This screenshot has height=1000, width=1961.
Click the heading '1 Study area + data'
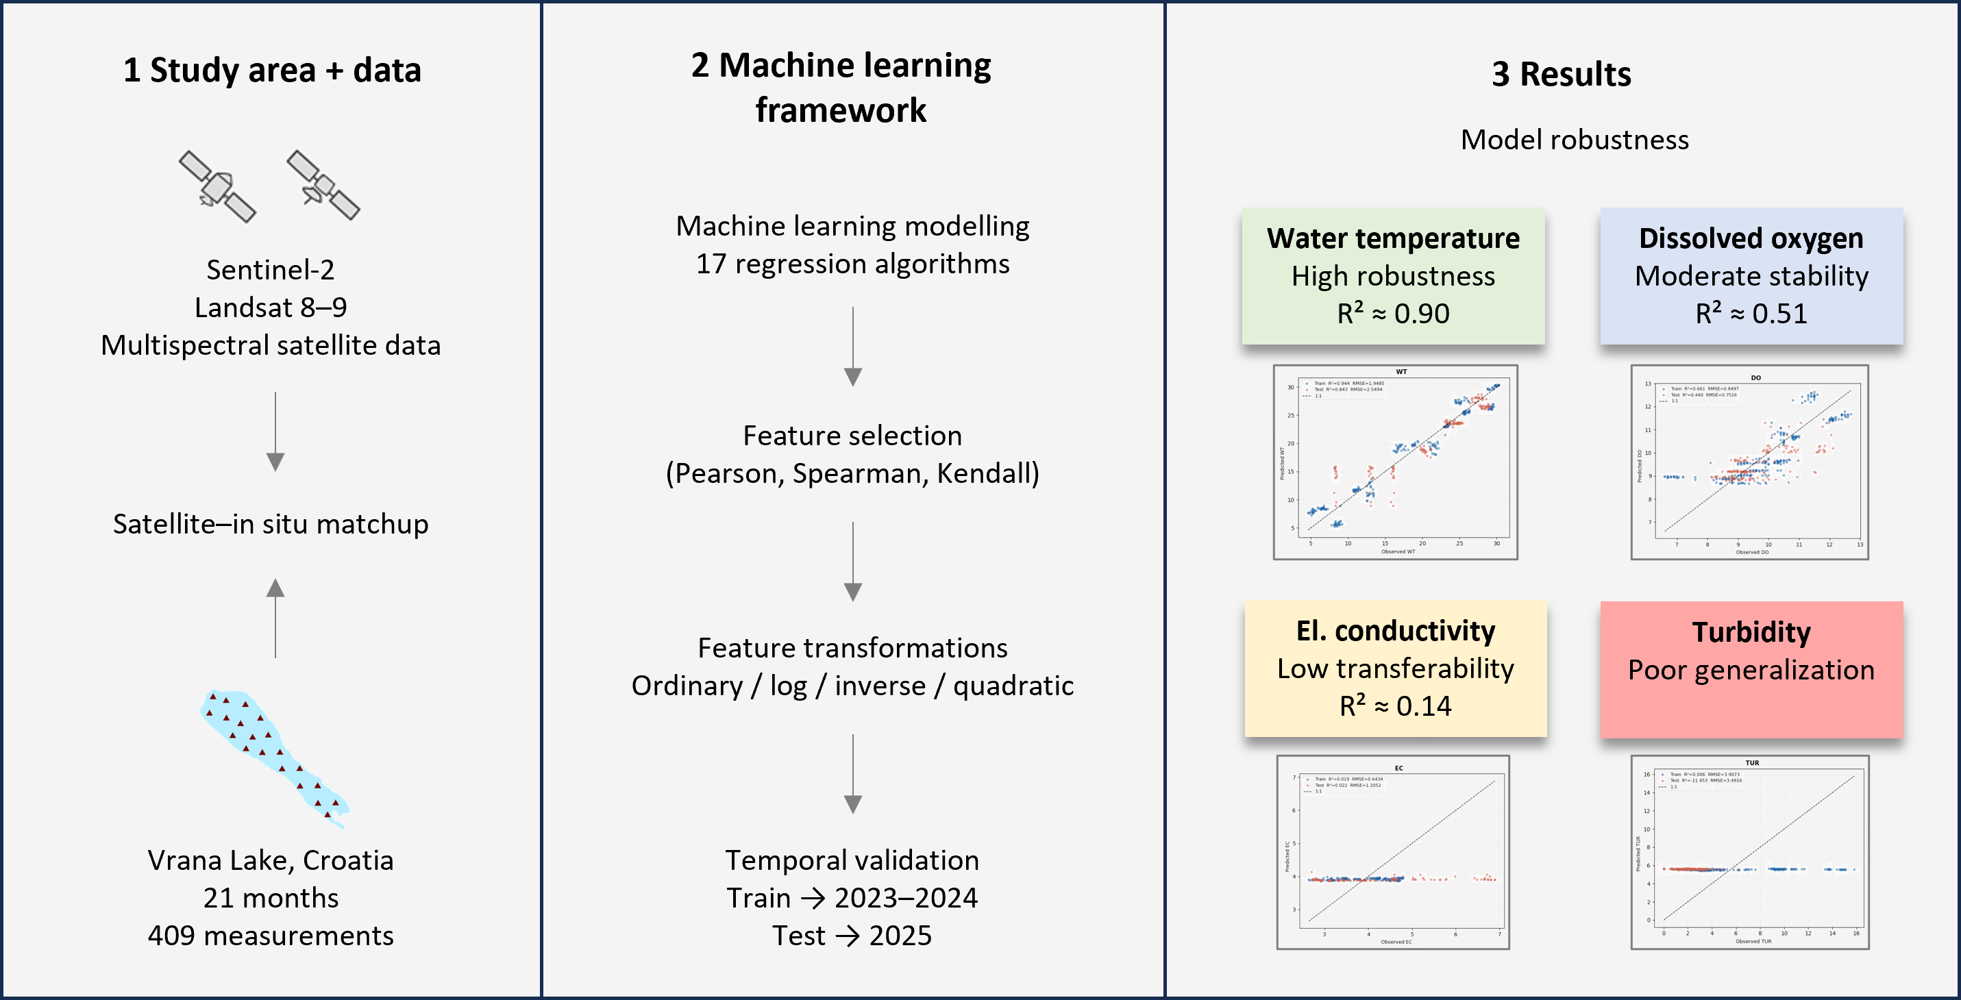272,70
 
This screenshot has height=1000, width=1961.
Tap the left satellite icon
217,186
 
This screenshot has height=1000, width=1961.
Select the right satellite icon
323,185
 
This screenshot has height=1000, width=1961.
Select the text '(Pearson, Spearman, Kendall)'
852,473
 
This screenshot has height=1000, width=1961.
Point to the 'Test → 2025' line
852,936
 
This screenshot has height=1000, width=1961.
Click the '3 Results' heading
1561,74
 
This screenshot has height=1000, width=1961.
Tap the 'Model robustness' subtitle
1575,140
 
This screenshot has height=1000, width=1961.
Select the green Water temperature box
1393,275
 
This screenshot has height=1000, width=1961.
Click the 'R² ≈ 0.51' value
1751,314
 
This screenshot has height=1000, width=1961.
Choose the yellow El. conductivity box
1396,668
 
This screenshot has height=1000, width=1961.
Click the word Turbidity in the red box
1751,632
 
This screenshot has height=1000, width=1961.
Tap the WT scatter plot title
1401,372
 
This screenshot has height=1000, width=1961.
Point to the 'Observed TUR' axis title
1753,941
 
